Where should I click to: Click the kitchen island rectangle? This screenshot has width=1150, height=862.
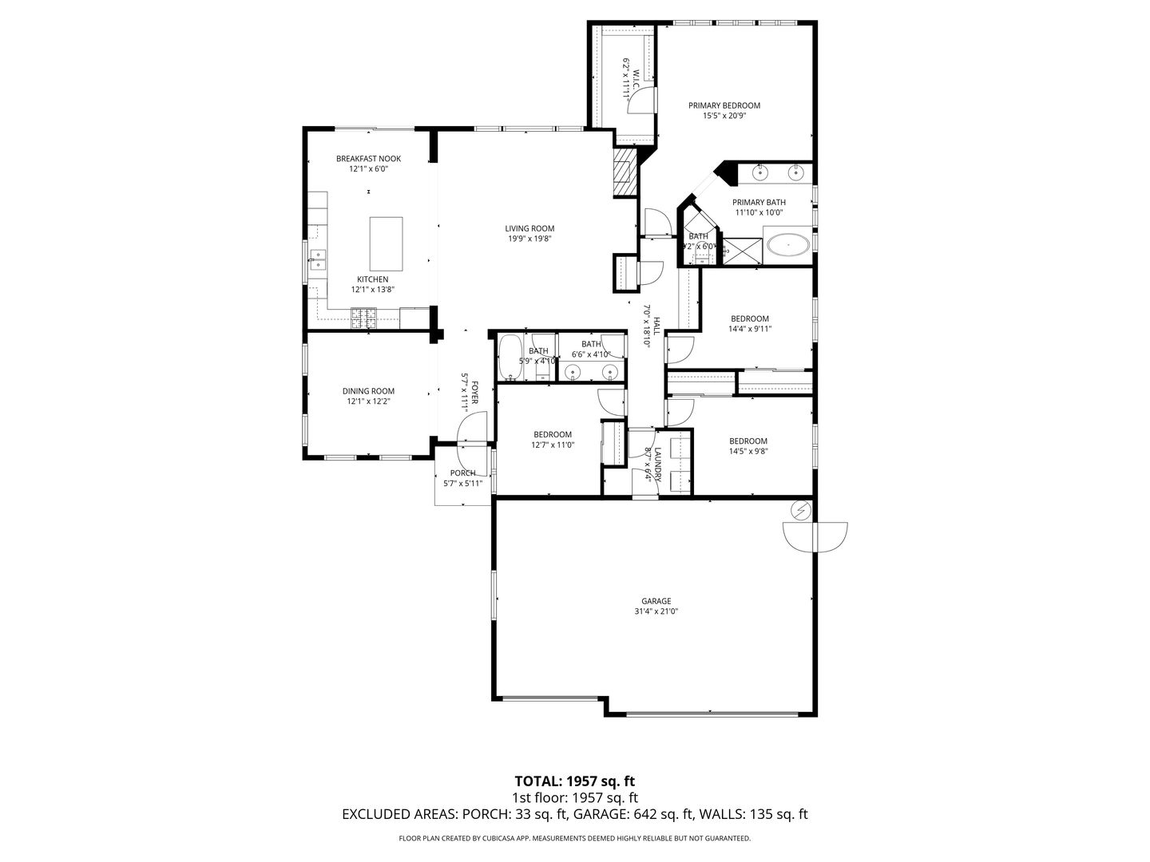386,243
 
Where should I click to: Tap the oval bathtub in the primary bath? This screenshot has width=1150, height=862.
788,245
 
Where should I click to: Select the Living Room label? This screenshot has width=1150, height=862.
529,229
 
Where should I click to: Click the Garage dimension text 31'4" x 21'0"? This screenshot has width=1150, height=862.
656,611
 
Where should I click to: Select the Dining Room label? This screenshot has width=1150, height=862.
368,391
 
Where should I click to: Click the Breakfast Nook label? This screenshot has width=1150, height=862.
368,159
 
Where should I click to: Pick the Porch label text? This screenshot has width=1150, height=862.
462,473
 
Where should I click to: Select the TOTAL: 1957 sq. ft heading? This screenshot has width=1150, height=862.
574,781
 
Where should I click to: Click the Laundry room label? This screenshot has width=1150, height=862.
658,465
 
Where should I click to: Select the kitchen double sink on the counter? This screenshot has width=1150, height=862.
318,261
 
